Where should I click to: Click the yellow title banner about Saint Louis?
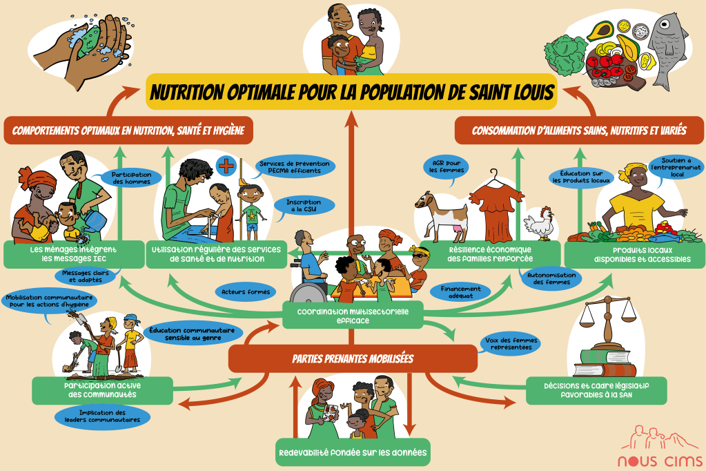pos(352,92)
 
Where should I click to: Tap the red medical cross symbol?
pos(226,166)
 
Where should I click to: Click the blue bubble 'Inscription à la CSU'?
pos(303,206)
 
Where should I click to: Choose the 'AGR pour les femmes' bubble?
pos(445,166)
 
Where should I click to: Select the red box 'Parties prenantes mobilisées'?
pos(353,359)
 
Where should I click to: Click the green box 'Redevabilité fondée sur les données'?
pos(352,453)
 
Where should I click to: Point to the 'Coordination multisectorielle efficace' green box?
pos(353,315)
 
